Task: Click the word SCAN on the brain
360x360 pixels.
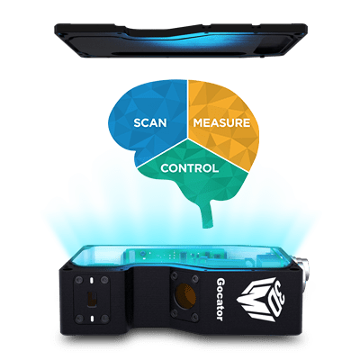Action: tap(150, 123)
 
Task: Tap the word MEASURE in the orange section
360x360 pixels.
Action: tap(221, 123)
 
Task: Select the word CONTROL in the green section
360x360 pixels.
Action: tap(190, 168)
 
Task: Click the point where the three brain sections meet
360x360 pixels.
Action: tap(188, 139)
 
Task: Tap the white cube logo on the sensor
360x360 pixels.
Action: tap(260, 300)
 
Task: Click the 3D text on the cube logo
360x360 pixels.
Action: tap(276, 295)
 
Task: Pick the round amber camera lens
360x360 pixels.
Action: tap(185, 295)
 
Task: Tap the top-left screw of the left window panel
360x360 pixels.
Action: tap(78, 281)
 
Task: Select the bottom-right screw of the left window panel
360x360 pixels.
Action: tap(104, 319)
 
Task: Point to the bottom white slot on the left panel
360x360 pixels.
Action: tap(91, 318)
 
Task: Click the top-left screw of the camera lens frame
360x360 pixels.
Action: tap(175, 274)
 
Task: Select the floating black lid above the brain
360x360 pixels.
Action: tap(181, 40)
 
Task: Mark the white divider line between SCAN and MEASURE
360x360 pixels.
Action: tap(188, 109)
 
